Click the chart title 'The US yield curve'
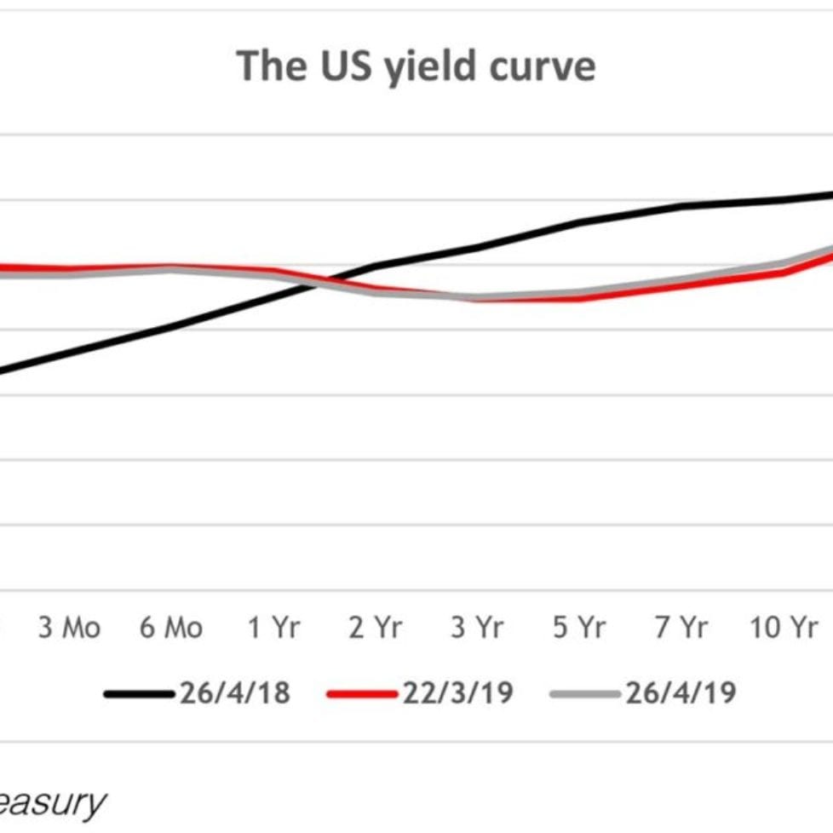coord(416,65)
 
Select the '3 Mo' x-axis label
coord(69,629)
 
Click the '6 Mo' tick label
coord(171,629)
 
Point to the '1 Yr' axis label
coord(274,629)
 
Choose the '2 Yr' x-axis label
coord(376,629)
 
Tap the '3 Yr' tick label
coord(478,629)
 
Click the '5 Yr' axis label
coord(580,629)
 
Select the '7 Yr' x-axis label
coord(681,629)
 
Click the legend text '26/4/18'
coord(235,693)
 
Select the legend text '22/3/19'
coord(459,693)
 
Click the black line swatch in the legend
coord(140,694)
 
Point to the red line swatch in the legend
coord(363,694)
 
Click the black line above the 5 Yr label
coord(580,223)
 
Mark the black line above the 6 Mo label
coord(171,326)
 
